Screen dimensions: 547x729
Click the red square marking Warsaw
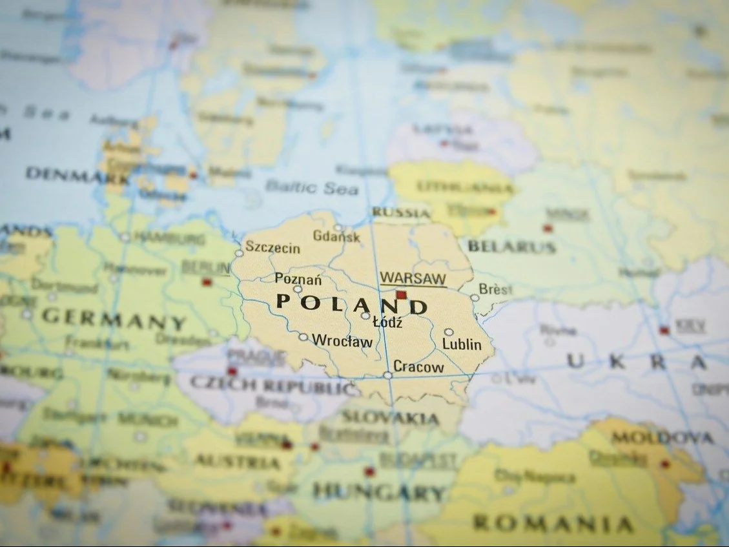pos(401,295)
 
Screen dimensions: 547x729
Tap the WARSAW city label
pos(413,279)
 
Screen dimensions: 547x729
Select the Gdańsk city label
pos(336,236)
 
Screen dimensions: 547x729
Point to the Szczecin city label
pos(272,248)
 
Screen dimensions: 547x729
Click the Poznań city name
pos(298,279)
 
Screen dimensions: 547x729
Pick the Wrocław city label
pos(342,341)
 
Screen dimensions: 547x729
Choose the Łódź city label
pos(387,322)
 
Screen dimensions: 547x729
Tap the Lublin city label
pos(462,344)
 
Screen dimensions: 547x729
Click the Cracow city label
pos(418,367)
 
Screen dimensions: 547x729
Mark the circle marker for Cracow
pos(387,375)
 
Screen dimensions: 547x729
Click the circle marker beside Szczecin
pos(239,253)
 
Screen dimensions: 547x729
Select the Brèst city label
pos(496,289)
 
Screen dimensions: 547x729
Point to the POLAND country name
pos(352,304)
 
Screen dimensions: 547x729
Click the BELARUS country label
pos(511,246)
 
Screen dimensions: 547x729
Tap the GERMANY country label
pos(114,318)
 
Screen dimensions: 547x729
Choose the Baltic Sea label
pos(311,187)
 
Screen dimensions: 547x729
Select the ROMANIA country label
pos(553,523)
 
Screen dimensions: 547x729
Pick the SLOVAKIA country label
pos(391,418)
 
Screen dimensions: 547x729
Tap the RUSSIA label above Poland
pos(401,212)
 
